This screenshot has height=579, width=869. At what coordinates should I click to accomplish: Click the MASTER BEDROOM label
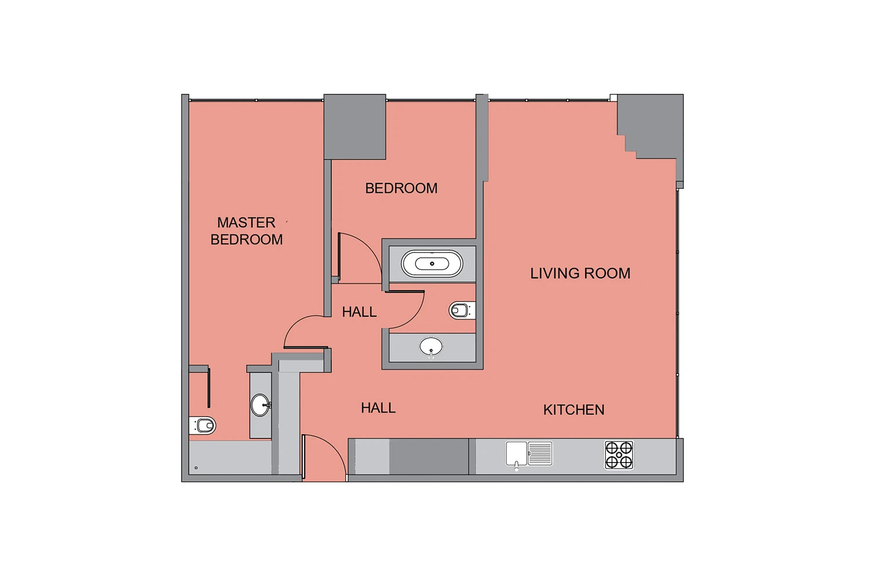point(246,231)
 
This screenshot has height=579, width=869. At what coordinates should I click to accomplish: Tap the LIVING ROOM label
point(580,273)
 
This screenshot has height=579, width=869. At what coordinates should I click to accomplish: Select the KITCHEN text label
point(574,410)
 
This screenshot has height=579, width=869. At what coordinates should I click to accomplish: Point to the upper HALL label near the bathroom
point(359,312)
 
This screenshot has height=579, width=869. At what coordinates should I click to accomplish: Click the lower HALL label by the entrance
point(378,408)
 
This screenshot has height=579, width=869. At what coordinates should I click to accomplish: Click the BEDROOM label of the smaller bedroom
point(401,189)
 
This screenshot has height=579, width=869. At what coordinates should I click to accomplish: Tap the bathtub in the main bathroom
point(432,263)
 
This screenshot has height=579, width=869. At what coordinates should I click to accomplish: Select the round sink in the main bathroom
point(431,347)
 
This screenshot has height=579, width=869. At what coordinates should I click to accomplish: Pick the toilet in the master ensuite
point(202,426)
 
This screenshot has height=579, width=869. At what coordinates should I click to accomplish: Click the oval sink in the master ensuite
point(261,405)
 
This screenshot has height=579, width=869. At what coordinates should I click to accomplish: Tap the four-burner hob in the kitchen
point(619,455)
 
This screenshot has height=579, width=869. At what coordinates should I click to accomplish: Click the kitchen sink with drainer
point(529,455)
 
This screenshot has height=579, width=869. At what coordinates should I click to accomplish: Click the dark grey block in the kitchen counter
point(429,456)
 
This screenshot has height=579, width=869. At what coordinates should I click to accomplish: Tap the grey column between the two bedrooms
point(355,126)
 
